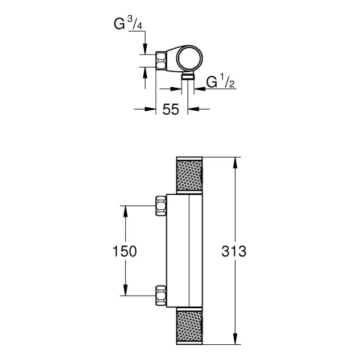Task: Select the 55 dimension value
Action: coord(170,109)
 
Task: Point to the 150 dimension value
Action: coord(125,251)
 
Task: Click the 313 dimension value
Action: coord(258,251)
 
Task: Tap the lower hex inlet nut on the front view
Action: coord(159,295)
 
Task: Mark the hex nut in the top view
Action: coord(163,61)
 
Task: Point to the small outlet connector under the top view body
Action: coord(187,77)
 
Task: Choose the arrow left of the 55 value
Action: coord(149,109)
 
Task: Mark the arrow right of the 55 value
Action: coord(193,109)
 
